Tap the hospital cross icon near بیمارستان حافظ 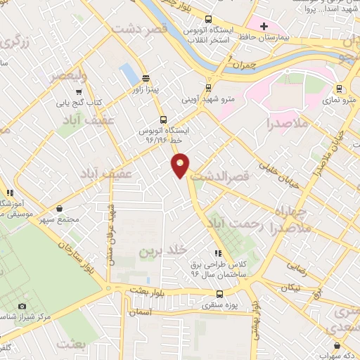pyautogui.click(x=264, y=27)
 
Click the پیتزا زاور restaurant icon pyautogui.click(x=146, y=79)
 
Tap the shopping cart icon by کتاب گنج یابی pyautogui.click(x=79, y=91)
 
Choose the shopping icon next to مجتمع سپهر pyautogui.click(x=60, y=208)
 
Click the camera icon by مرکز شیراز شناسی pyautogui.click(x=22, y=307)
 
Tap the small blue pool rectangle pyautogui.click(x=128, y=72)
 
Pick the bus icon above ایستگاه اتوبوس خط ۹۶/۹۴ pyautogui.click(x=164, y=119)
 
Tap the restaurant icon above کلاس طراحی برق pyautogui.click(x=218, y=253)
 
